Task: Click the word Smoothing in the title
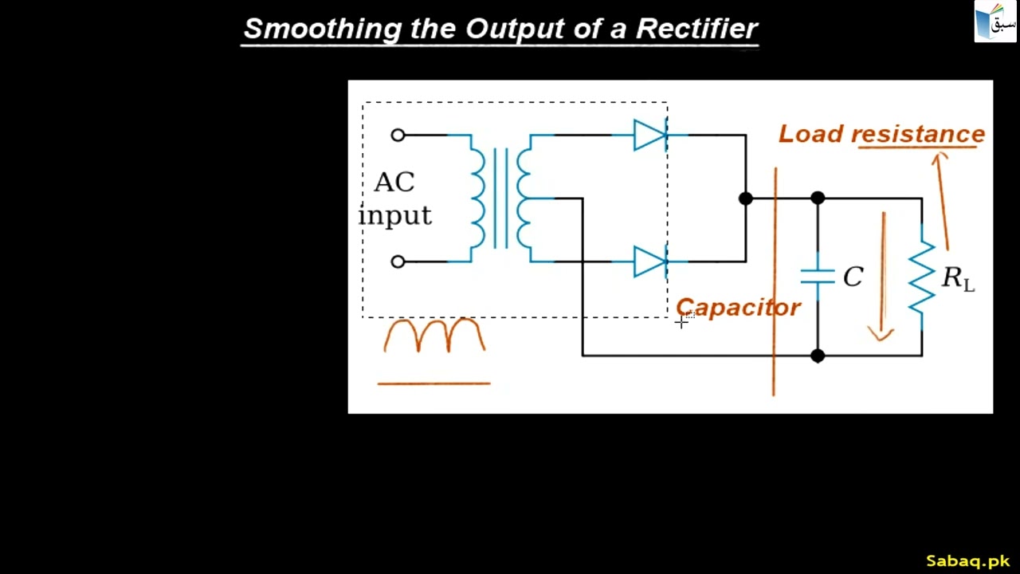322,29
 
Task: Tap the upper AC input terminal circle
398,136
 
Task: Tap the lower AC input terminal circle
398,261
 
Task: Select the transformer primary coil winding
477,199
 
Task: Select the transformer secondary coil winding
524,199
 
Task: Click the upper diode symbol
649,136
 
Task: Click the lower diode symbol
649,261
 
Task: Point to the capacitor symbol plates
817,277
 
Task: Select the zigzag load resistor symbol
922,277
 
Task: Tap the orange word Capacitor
738,309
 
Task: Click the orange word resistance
918,135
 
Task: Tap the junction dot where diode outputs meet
745,199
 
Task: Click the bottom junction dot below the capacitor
817,356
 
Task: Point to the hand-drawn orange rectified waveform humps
434,336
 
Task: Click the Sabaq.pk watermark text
967,561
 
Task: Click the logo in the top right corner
995,22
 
